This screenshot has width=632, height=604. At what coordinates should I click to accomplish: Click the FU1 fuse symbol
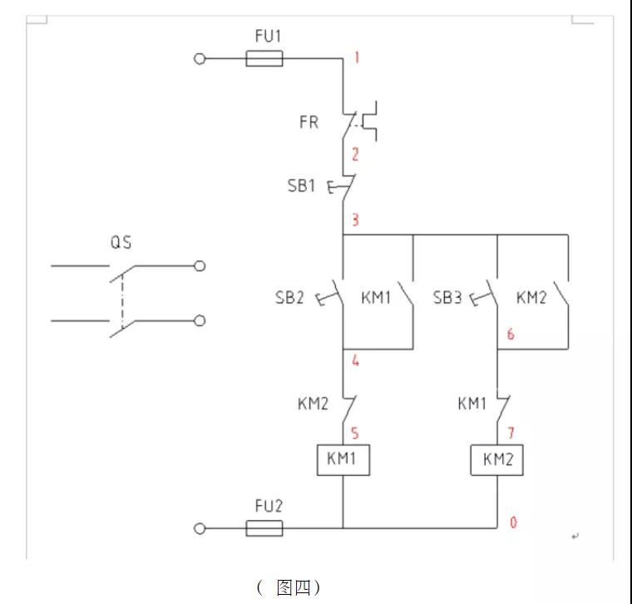265,58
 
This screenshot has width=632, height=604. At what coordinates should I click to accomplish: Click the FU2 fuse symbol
265,528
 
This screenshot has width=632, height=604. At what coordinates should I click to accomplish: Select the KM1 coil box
343,459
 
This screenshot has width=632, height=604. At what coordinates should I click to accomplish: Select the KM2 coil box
497,459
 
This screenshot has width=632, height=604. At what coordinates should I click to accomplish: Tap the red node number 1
357,57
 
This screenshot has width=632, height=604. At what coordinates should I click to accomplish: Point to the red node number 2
355,154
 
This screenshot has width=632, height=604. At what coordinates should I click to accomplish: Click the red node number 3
355,220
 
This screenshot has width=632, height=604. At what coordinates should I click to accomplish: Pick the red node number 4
355,361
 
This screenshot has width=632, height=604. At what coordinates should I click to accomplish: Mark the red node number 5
355,433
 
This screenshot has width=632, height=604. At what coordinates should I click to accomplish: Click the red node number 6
510,334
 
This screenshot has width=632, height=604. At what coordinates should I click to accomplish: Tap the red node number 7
511,433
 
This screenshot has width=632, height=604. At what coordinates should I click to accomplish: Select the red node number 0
513,522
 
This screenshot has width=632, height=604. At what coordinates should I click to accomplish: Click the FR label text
309,122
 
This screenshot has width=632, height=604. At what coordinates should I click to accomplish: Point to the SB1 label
303,186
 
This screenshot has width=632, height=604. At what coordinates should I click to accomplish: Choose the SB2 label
289,297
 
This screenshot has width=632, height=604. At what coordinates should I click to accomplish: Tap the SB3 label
447,297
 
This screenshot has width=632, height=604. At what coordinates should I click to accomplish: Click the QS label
121,243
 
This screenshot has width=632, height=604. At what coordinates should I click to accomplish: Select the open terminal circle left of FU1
199,58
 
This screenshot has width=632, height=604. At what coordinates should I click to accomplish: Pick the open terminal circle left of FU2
199,528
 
